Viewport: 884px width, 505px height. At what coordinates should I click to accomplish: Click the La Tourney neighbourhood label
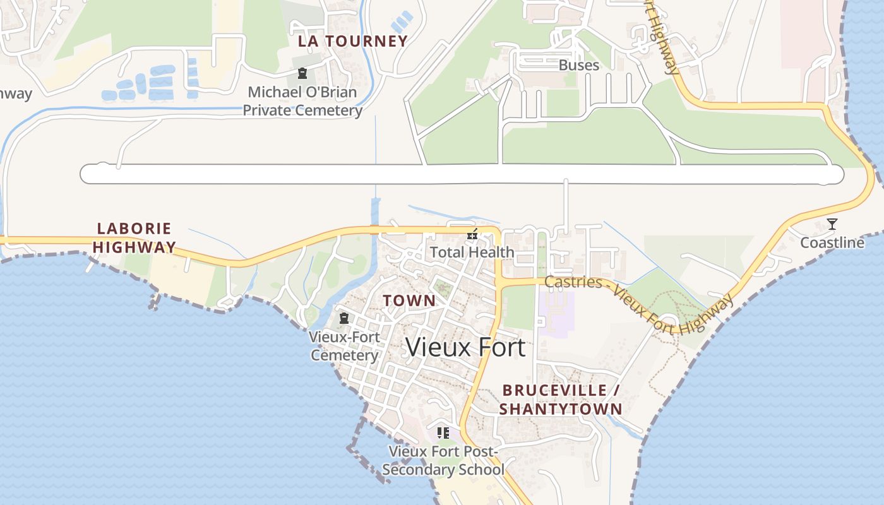click(353, 42)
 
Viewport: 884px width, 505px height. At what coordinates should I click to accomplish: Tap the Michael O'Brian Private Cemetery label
click(302, 101)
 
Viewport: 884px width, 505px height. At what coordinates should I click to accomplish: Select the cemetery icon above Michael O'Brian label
click(302, 73)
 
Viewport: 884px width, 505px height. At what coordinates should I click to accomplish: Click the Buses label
click(579, 65)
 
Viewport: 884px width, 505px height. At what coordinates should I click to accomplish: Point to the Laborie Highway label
click(134, 237)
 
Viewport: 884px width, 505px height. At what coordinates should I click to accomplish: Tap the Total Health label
click(472, 252)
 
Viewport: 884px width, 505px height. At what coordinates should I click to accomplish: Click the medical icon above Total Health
click(472, 235)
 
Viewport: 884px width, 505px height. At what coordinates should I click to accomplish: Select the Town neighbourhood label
click(409, 301)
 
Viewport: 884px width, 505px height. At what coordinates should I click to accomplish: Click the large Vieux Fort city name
click(465, 347)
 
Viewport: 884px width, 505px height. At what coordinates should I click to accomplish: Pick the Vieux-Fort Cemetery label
click(344, 346)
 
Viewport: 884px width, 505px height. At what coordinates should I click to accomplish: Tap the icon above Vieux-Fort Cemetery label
click(344, 318)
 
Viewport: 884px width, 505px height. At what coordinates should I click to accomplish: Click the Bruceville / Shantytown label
click(561, 400)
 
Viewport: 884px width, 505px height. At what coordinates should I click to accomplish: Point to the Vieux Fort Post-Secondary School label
click(443, 461)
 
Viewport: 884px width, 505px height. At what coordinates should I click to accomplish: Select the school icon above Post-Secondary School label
click(443, 433)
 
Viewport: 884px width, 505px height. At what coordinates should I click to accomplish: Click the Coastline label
click(832, 243)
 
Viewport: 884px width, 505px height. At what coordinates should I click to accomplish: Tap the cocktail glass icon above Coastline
click(832, 224)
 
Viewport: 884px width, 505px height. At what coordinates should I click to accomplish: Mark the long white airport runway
click(461, 174)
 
